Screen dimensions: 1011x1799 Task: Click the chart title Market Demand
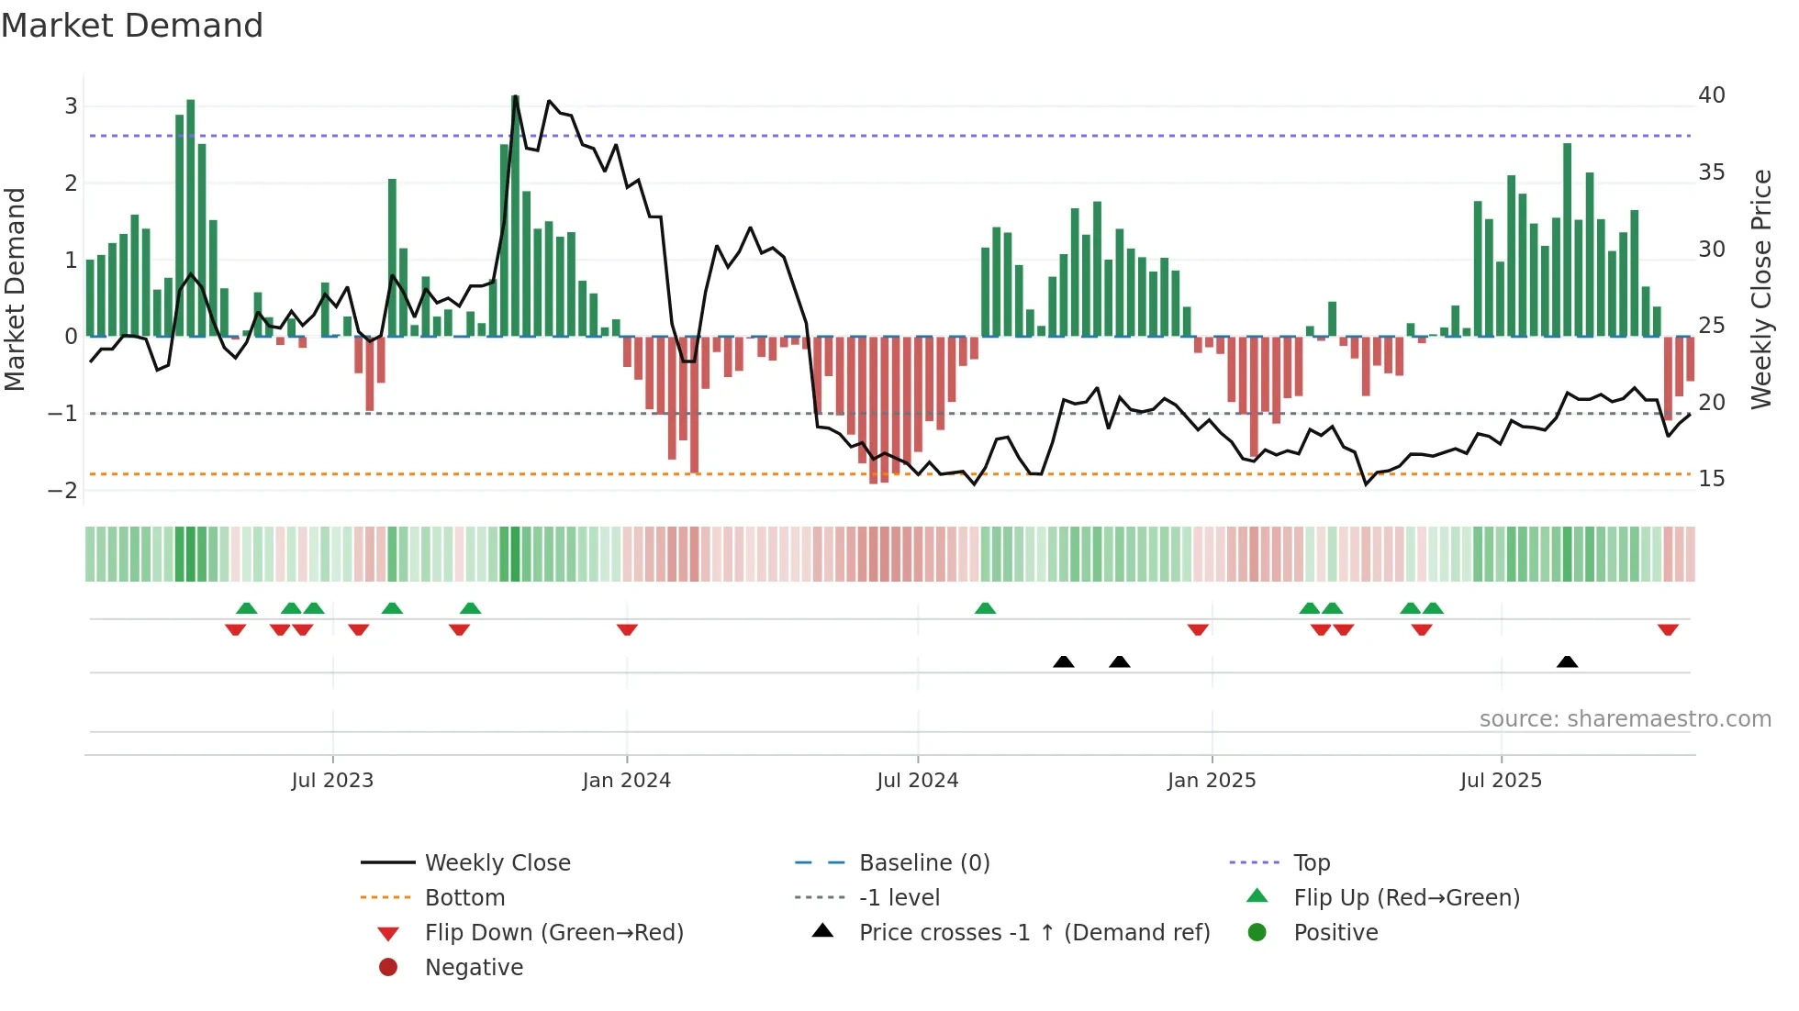pyautogui.click(x=132, y=26)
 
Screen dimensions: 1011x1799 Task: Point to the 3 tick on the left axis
pyautogui.click(x=71, y=106)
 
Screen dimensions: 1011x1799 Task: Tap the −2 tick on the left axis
pyautogui.click(x=63, y=491)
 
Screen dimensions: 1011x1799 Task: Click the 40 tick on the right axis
pyautogui.click(x=1711, y=95)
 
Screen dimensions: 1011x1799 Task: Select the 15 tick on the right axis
pyautogui.click(x=1711, y=479)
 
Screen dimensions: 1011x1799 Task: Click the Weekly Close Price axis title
pyautogui.click(x=1760, y=289)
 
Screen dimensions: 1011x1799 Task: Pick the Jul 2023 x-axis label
pyautogui.click(x=332, y=781)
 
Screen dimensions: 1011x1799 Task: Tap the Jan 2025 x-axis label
pyautogui.click(x=1212, y=781)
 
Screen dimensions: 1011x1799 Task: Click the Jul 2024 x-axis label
pyautogui.click(x=917, y=781)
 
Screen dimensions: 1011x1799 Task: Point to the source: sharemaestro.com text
pyautogui.click(x=1625, y=719)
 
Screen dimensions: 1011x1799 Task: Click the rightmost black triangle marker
pyautogui.click(x=1567, y=661)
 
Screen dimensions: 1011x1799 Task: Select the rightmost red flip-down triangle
pyautogui.click(x=1668, y=629)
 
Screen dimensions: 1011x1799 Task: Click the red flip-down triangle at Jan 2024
pyautogui.click(x=627, y=629)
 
